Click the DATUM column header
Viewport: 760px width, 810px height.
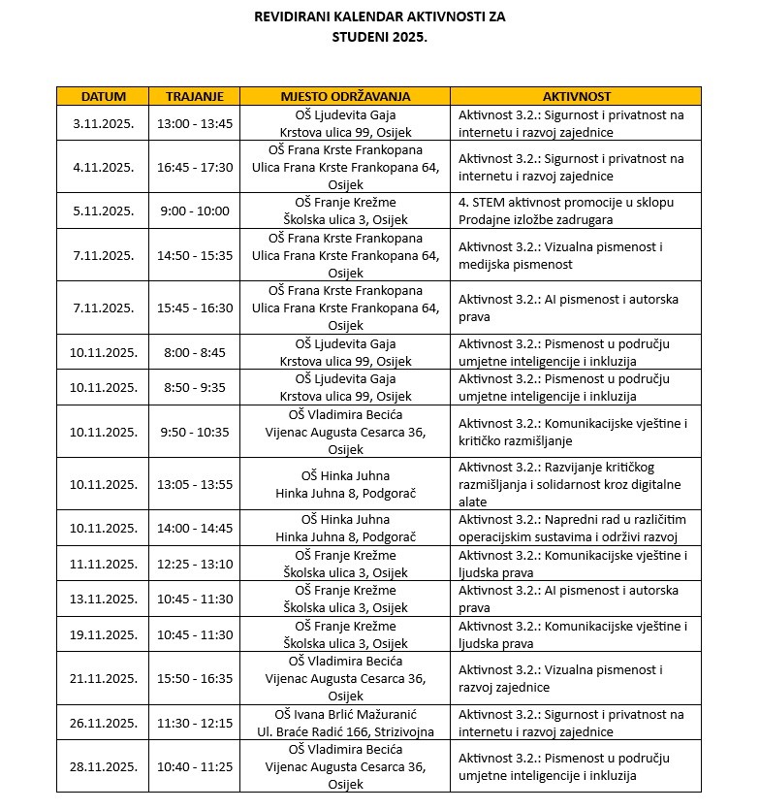[104, 96]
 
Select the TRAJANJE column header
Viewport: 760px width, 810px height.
[195, 96]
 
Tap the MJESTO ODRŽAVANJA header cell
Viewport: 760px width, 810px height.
[345, 96]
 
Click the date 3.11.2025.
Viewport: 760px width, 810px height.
[104, 123]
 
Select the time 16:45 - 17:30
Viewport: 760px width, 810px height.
[195, 167]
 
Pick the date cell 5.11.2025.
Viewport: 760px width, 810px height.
[104, 211]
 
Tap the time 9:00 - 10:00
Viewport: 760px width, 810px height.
[195, 211]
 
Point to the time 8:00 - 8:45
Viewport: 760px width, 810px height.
[195, 352]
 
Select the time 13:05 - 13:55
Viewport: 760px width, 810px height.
[195, 484]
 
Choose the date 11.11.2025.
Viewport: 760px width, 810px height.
[104, 564]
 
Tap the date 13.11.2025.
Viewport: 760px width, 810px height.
[104, 599]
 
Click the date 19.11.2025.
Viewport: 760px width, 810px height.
[104, 634]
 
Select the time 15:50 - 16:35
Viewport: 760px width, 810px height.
[195, 678]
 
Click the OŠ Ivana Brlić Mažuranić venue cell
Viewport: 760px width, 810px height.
[345, 723]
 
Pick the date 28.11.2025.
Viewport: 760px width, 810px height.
[104, 766]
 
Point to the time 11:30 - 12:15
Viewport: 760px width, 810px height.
[195, 723]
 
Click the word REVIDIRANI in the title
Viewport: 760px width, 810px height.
[295, 16]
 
